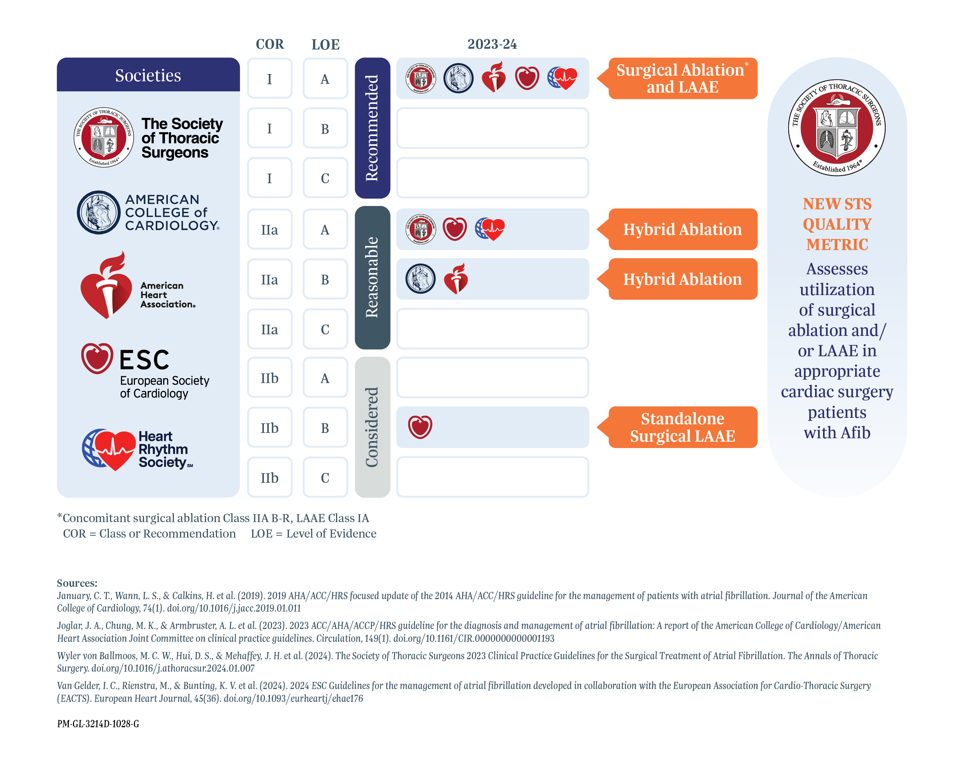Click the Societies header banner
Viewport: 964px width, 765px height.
pos(148,75)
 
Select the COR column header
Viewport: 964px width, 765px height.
pos(270,44)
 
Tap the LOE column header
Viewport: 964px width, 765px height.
pos(325,44)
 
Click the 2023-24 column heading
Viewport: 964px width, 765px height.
pos(492,44)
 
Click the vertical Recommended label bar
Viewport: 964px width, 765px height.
pos(372,128)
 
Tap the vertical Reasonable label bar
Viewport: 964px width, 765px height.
pos(372,278)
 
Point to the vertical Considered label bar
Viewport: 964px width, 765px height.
pos(372,427)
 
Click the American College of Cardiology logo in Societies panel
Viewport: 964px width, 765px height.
pos(98,212)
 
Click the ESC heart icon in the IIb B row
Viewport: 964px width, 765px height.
pos(420,427)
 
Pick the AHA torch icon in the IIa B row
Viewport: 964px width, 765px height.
pos(456,278)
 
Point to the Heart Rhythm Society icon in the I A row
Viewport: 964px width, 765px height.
pos(563,78)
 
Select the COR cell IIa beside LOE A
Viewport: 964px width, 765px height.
pos(270,229)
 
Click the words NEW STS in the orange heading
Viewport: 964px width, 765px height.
pos(837,204)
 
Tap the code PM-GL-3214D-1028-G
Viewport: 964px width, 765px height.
pos(98,723)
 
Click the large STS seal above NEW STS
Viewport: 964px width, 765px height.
pos(837,128)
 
